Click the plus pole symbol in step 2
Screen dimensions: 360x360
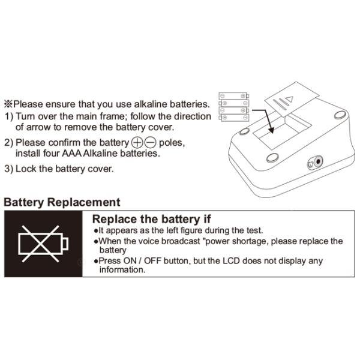[137, 143]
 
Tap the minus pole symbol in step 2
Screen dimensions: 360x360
[150, 143]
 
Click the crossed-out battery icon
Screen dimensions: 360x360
[43, 244]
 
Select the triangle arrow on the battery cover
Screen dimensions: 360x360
[289, 99]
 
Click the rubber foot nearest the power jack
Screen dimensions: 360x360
[272, 158]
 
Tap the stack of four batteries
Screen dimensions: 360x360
[234, 107]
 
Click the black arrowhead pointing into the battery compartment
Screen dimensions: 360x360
[272, 130]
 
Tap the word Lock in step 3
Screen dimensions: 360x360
[26, 169]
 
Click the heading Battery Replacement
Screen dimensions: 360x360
[62, 203]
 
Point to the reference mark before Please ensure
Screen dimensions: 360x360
[8, 104]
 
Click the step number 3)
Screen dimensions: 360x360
[9, 169]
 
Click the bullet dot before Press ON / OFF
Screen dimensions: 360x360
[96, 261]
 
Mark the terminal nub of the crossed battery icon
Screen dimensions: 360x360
[65, 244]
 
